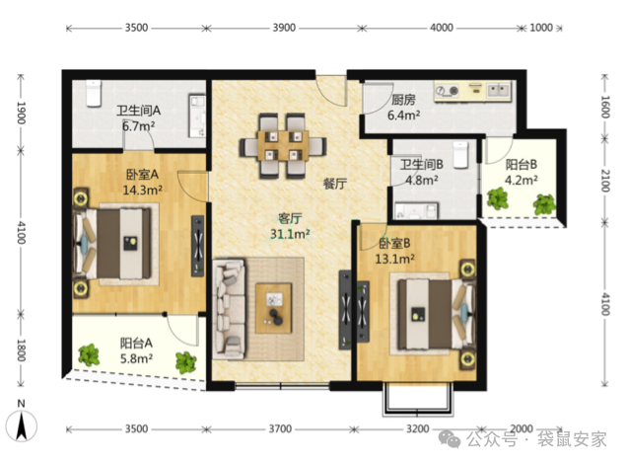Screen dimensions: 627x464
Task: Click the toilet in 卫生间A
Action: pyautogui.click(x=94, y=93)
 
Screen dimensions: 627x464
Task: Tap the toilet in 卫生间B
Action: pyautogui.click(x=460, y=155)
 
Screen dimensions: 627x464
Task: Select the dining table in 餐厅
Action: pyautogui.click(x=283, y=146)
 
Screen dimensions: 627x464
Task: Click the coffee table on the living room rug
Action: pyautogui.click(x=274, y=308)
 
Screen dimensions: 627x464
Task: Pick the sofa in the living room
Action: pyautogui.click(x=229, y=309)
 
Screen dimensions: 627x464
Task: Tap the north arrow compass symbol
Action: pyautogui.click(x=21, y=425)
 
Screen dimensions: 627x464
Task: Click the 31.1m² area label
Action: pyautogui.click(x=290, y=234)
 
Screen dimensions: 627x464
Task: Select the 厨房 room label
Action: pyautogui.click(x=403, y=100)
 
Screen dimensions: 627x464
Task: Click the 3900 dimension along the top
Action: pyautogui.click(x=284, y=28)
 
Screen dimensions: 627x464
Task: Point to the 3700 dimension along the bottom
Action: pyautogui.click(x=280, y=428)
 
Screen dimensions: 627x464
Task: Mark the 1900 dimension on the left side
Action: pyautogui.click(x=21, y=113)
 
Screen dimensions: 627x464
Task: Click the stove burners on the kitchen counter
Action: pyautogui.click(x=447, y=91)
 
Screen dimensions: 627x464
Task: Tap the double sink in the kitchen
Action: pyautogui.click(x=498, y=90)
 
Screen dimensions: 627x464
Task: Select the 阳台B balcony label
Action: pyautogui.click(x=522, y=165)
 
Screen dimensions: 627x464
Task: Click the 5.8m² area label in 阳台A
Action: pyautogui.click(x=136, y=358)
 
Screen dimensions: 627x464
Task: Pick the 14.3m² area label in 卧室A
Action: pyautogui.click(x=142, y=190)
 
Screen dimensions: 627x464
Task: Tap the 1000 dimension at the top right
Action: pyautogui.click(x=541, y=28)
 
